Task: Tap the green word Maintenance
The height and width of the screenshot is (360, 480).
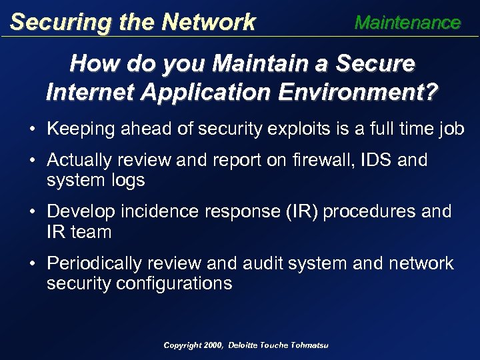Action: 407,23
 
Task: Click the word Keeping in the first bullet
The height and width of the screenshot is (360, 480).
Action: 80,128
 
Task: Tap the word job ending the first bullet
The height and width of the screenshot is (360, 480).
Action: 451,128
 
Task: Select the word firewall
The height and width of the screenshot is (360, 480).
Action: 328,161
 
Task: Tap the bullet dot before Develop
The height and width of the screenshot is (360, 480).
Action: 33,212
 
